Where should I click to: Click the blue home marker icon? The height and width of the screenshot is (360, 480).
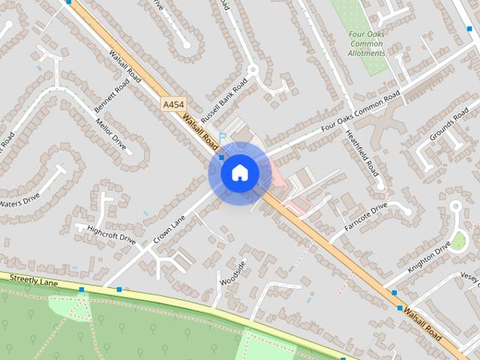coord(239,173)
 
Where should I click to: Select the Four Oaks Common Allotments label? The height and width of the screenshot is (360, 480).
coord(366,43)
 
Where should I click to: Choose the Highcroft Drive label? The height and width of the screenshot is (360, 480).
coord(111,235)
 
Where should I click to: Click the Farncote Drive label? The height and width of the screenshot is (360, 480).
coord(365,214)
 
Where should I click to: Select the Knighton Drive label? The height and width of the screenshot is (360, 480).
coord(429,256)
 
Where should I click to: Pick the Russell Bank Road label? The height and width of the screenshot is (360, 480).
coord(223,103)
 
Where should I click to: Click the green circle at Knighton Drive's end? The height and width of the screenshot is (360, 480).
coord(457,241)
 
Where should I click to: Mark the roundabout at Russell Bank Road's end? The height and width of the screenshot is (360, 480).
coord(252,70)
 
